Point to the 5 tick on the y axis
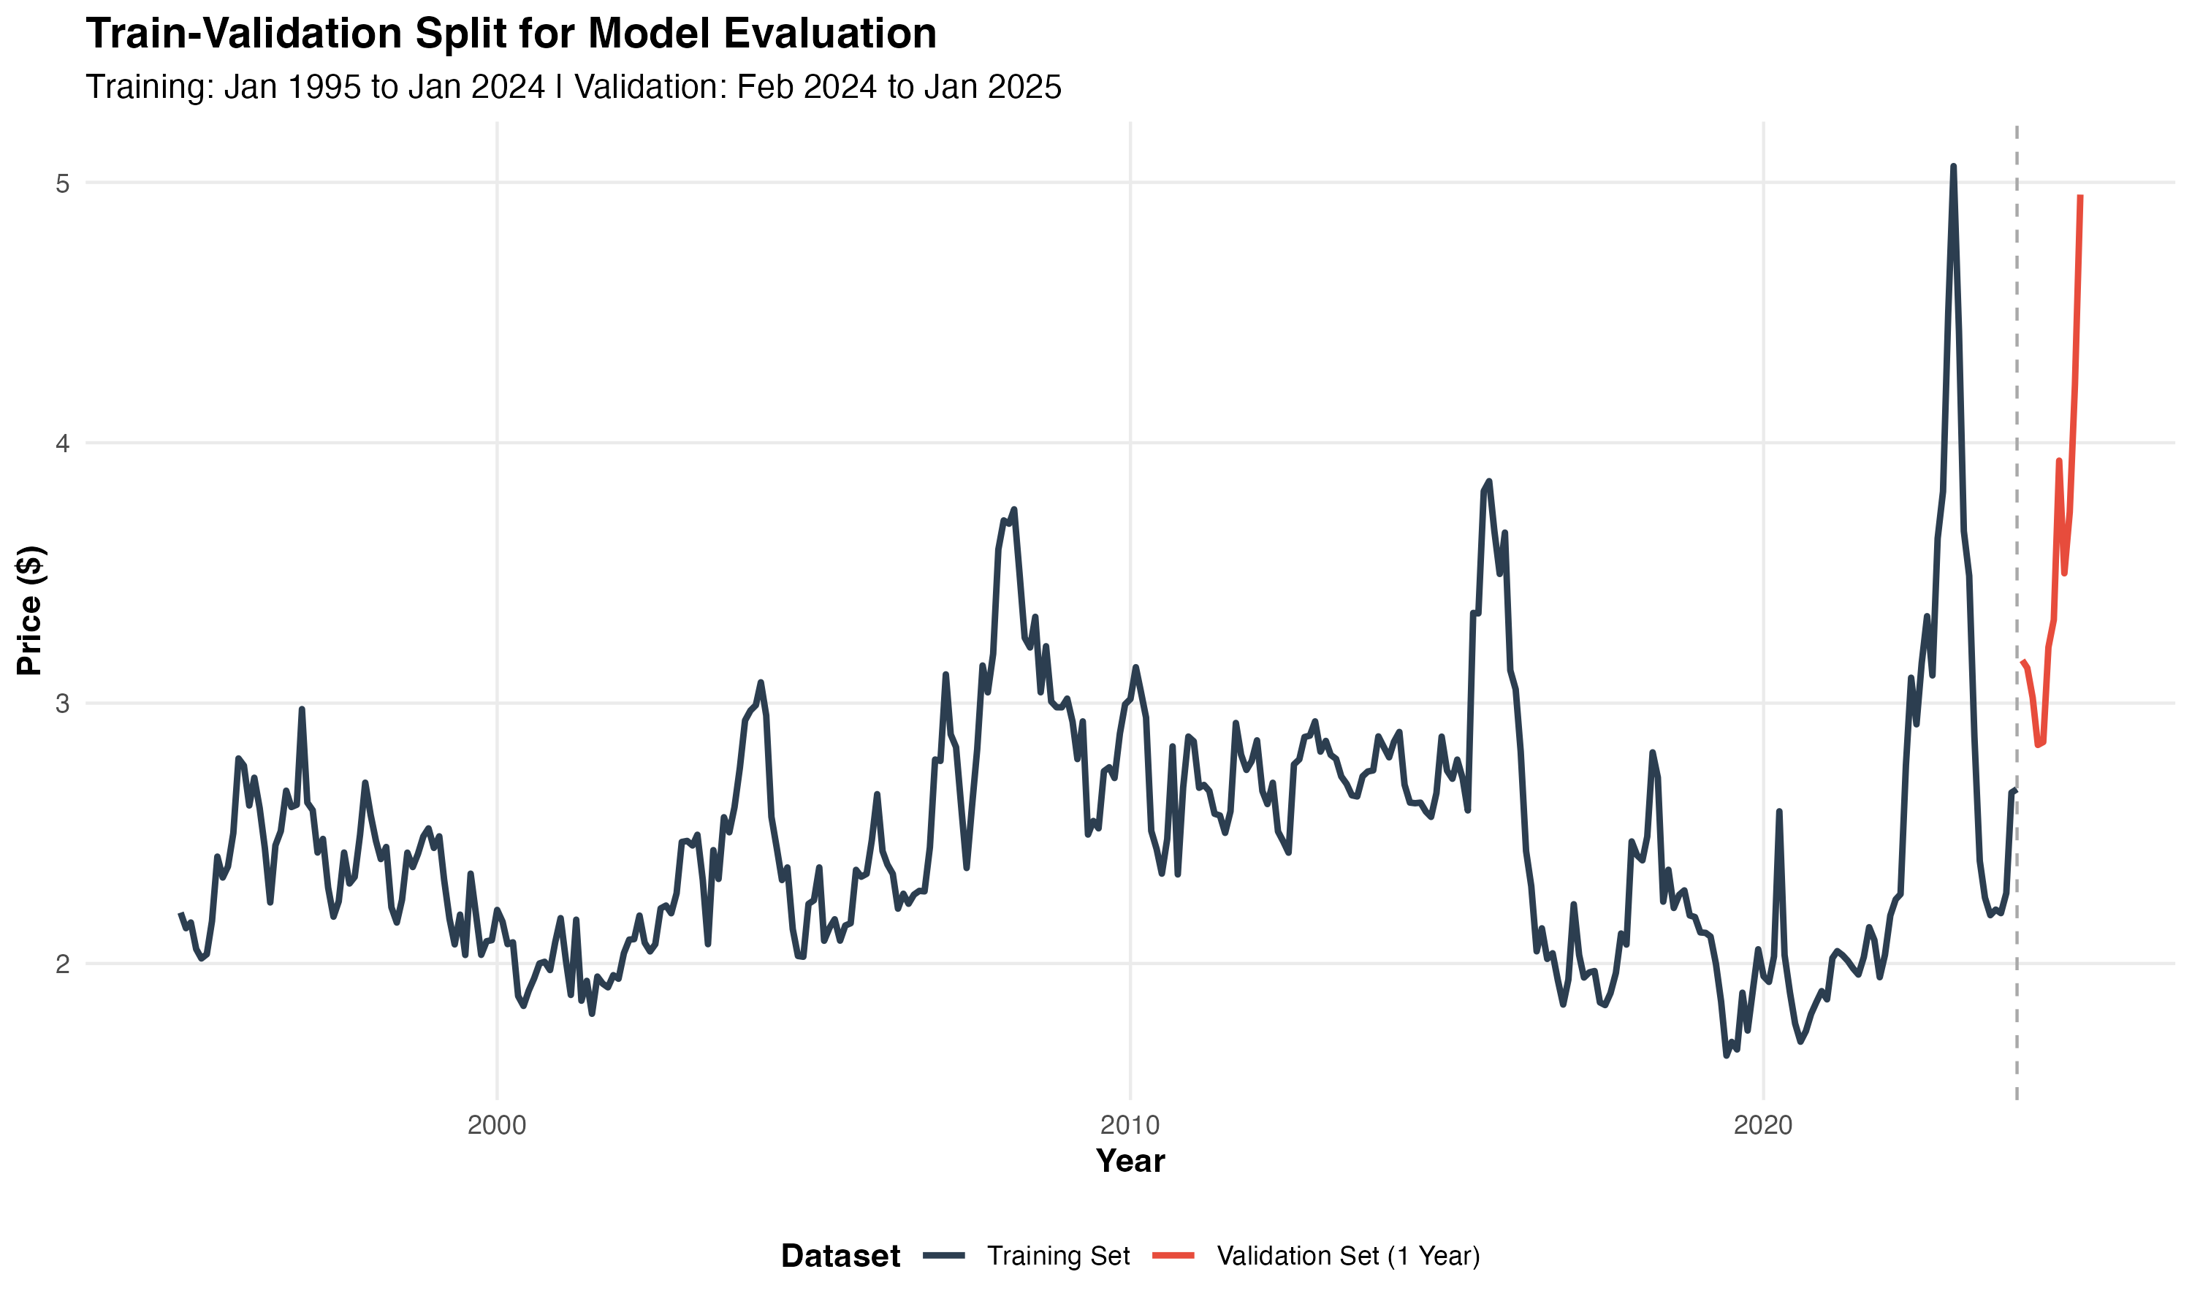pos(62,183)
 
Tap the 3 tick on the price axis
pos(62,704)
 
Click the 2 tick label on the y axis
pos(62,963)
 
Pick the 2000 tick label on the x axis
pos(496,1125)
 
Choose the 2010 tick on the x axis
pos(1130,1125)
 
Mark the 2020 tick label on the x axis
pos(1763,1125)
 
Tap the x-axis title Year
pos(1130,1161)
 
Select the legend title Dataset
pos(840,1256)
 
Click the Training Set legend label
pos(1058,1256)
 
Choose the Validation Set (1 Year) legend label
pos(1347,1256)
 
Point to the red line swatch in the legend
pos(1173,1256)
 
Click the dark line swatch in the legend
pos(943,1256)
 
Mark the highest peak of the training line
pos(1953,167)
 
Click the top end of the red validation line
pos(2079,197)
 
